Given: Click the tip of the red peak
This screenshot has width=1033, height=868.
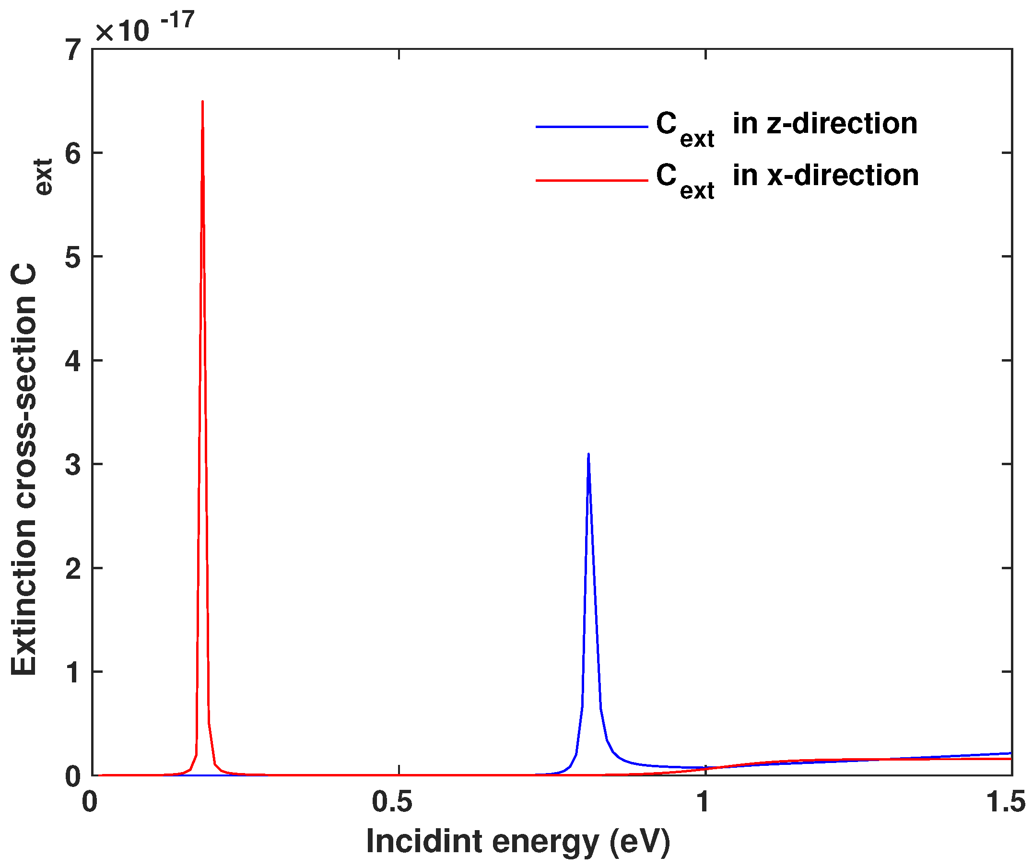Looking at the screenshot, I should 203,102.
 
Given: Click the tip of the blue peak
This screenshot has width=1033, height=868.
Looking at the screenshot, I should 588,454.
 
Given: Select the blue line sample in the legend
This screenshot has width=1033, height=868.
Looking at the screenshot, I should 591,127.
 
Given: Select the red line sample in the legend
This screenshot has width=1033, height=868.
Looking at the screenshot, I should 591,181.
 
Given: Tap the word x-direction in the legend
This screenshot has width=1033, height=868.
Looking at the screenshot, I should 843,175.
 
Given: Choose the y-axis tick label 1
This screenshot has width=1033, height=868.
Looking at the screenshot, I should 74,672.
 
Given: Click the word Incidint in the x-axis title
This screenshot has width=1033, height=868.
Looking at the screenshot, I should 424,841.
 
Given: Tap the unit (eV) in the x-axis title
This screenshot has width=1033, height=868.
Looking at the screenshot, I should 640,842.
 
